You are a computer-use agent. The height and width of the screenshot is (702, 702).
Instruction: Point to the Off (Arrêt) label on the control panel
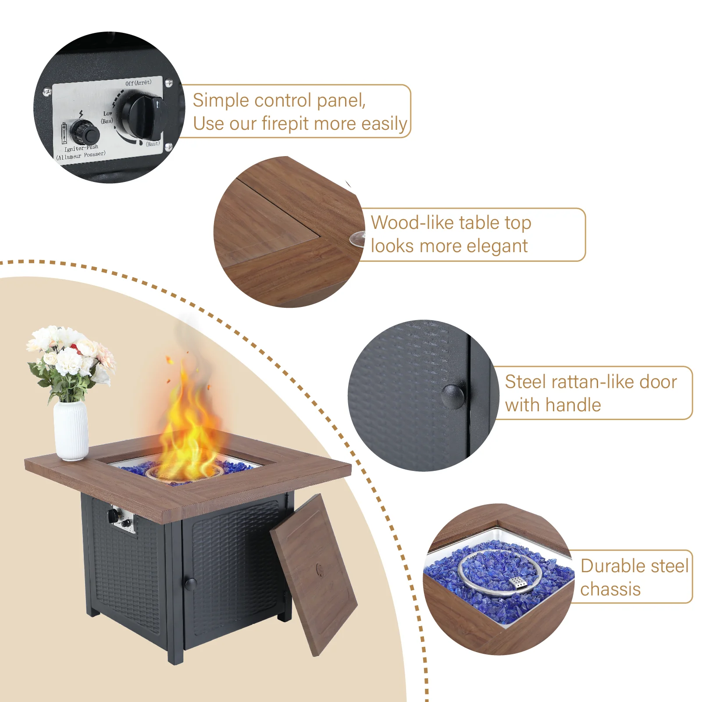(x=138, y=82)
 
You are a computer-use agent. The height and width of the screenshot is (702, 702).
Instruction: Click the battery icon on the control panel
(x=64, y=133)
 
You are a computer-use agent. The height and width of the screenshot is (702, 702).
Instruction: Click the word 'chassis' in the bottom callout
(x=610, y=589)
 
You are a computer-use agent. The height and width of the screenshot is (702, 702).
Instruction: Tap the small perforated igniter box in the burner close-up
(x=518, y=582)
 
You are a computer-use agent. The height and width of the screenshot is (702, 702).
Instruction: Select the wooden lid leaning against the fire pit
(x=314, y=574)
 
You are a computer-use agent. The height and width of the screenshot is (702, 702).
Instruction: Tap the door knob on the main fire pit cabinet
(x=191, y=584)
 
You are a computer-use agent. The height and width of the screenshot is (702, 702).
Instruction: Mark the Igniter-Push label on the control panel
(x=82, y=148)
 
